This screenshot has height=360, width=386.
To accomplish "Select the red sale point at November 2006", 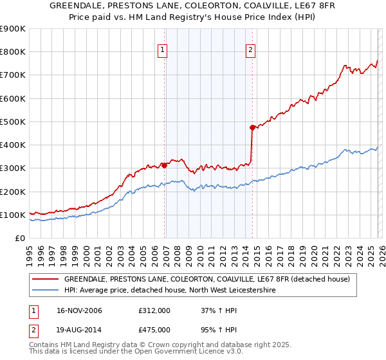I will pos(165,165).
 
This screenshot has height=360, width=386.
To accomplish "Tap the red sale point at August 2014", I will pos(252,127).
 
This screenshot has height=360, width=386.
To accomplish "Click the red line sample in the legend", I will pos(45,279).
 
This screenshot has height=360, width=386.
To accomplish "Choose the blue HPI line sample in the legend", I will pos(45,291).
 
